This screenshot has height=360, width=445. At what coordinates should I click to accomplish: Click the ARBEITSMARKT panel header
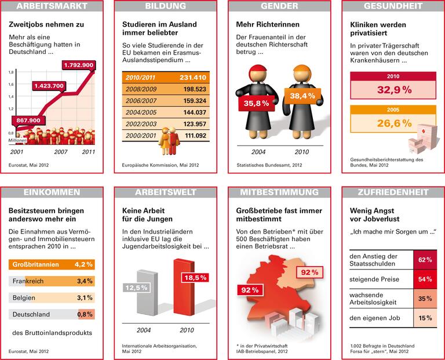point(53,6)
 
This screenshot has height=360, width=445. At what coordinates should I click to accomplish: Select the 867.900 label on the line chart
point(27,121)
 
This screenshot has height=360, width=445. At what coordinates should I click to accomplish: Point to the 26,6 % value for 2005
point(393,123)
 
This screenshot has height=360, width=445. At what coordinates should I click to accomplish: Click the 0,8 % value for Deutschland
point(85,314)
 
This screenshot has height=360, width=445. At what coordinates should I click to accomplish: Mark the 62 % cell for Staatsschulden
point(425,260)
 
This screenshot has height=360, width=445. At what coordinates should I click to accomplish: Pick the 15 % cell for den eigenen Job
point(425,318)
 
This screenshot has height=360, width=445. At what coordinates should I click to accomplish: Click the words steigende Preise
point(375,279)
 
